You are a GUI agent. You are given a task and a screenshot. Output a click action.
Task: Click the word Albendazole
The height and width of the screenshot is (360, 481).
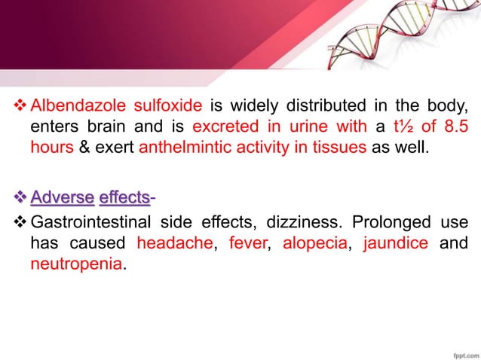coord(69,104)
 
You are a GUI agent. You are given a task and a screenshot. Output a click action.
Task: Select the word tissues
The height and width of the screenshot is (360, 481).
coord(338,145)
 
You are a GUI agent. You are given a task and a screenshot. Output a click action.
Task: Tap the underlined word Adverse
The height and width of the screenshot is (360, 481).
coord(62,198)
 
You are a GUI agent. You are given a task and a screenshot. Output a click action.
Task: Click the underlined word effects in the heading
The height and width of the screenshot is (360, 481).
coord(124,198)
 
